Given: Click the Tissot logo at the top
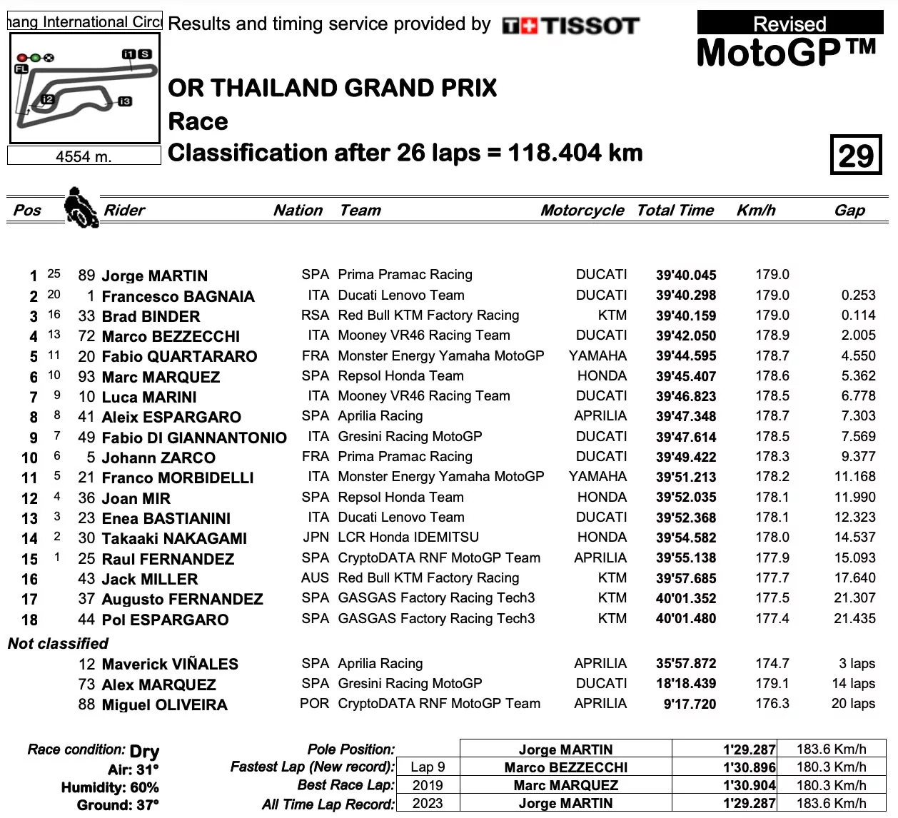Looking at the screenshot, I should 570,26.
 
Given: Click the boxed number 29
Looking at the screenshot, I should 855,155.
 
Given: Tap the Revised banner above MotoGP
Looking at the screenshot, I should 789,24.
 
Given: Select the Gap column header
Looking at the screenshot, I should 849,210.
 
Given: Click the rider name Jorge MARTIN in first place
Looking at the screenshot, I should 154,276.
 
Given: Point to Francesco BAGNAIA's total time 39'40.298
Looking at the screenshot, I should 685,296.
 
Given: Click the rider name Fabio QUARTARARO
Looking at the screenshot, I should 179,356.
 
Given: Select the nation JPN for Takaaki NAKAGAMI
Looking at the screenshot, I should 316,537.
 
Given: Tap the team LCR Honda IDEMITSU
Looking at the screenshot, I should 408,537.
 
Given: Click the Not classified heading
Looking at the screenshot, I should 58,644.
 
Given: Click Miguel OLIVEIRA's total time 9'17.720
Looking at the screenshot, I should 690,704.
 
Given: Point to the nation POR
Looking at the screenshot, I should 315,704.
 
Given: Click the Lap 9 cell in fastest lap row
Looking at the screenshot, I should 428,767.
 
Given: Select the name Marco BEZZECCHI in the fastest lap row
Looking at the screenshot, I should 565,767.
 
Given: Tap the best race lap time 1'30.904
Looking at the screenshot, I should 749,785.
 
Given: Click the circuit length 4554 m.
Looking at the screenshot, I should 84,156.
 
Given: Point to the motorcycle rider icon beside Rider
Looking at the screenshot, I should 81,207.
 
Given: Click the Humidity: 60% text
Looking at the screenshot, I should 110,787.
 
